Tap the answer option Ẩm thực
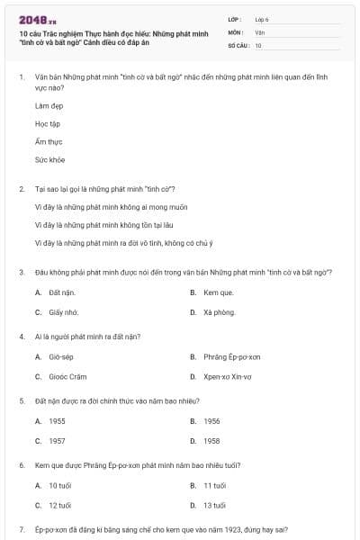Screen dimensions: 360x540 coord(49,141)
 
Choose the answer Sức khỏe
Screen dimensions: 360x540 coord(50,159)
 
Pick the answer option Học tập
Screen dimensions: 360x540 coord(48,123)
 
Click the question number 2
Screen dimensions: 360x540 coord(22,188)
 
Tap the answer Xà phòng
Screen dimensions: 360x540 coord(218,311)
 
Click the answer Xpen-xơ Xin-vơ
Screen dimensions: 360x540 coord(226,376)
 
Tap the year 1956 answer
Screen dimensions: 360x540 coord(211,420)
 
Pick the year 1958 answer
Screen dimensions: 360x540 coord(211,441)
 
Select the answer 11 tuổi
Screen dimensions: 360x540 coord(214,485)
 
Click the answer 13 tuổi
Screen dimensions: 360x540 coord(214,505)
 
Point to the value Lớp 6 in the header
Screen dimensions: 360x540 coord(262,18)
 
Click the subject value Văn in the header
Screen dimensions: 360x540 coord(259,31)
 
